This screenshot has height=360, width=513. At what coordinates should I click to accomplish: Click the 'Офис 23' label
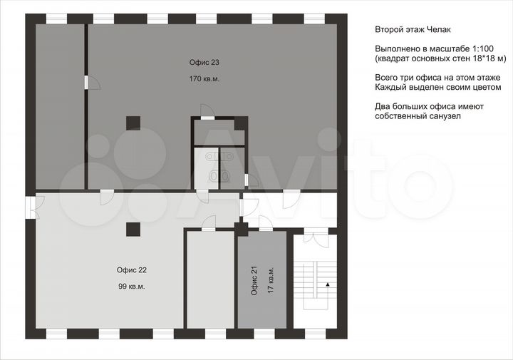tap(204, 62)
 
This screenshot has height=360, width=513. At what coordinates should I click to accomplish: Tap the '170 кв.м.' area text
tap(204, 79)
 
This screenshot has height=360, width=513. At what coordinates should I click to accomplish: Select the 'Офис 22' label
tap(132, 270)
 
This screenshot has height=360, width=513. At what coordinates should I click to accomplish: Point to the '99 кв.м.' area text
tap(132, 287)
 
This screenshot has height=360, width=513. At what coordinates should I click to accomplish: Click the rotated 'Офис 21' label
tap(254, 280)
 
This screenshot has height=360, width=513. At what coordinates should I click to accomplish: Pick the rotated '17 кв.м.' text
tap(271, 280)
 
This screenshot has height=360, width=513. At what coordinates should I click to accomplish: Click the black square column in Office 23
tap(133, 123)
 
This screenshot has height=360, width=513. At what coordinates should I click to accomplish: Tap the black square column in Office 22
tap(133, 230)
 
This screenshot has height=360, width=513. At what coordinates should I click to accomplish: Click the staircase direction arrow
tap(327, 284)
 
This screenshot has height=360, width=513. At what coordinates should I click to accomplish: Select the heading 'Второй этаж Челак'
tap(413, 30)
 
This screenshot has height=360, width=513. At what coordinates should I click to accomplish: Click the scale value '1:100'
tap(483, 48)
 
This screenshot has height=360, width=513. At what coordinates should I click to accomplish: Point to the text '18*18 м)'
tap(491, 58)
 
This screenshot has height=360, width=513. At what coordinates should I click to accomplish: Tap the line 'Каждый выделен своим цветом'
tap(438, 88)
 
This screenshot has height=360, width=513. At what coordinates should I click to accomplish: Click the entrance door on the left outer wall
tap(33, 207)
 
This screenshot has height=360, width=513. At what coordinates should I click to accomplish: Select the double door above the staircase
tap(316, 236)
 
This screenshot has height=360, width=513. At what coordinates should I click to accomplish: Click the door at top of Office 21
tap(265, 224)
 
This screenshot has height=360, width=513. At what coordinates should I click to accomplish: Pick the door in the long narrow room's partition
tap(92, 83)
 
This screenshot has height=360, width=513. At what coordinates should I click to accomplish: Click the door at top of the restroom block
tap(207, 112)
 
